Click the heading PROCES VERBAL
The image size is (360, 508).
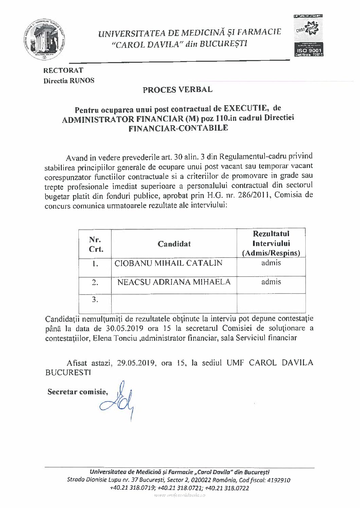click(x=178, y=90)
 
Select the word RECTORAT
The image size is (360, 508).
click(x=63, y=71)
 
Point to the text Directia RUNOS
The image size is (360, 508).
click(x=69, y=81)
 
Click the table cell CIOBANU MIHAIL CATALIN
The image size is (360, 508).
click(x=168, y=263)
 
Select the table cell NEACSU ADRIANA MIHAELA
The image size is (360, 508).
click(x=174, y=282)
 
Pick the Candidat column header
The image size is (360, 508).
click(x=174, y=244)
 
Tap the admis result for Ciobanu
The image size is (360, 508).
click(x=271, y=263)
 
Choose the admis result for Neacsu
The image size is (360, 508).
click(x=271, y=282)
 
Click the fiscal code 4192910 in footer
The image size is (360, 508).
click(x=278, y=481)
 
